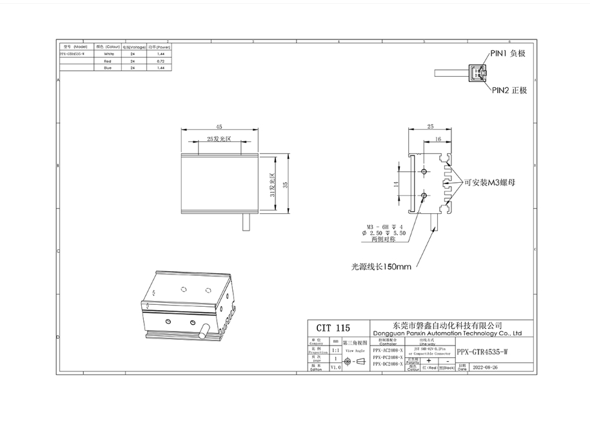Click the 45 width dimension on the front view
[219, 127]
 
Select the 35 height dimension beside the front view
[285, 184]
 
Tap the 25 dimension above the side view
[430, 127]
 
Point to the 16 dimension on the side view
[438, 139]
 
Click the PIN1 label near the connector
[507, 54]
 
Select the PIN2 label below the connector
[509, 90]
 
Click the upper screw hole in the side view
[424, 171]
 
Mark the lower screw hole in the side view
[424, 194]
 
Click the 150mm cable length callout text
[381, 266]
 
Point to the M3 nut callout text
[489, 183]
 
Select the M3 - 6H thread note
[385, 226]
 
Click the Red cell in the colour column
[108, 61]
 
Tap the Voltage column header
[132, 47]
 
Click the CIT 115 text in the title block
[333, 328]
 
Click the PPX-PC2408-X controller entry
[388, 357]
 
